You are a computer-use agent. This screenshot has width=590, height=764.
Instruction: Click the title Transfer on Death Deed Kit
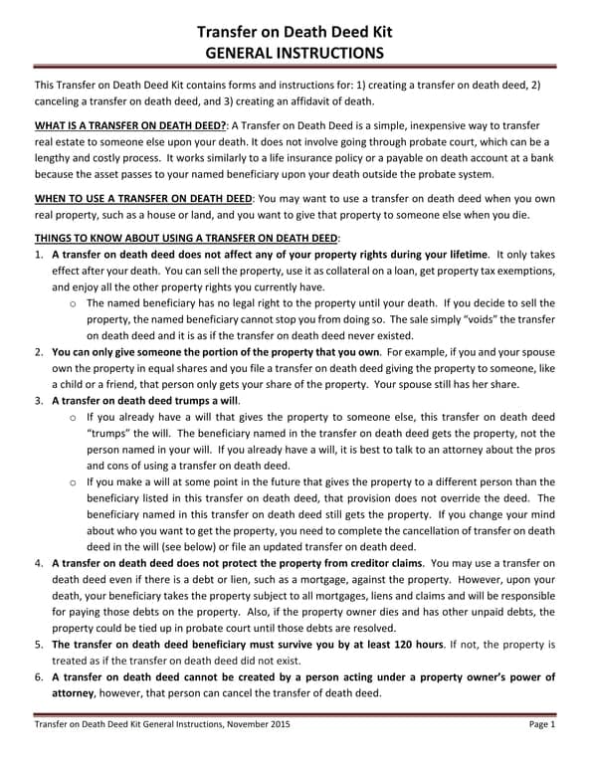(295, 31)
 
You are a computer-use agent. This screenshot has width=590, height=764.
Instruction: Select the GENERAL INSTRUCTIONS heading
(295, 53)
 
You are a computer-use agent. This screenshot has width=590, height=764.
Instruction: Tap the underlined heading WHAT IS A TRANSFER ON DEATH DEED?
(130, 126)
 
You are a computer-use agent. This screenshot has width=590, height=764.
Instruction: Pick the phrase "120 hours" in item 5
(410, 645)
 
